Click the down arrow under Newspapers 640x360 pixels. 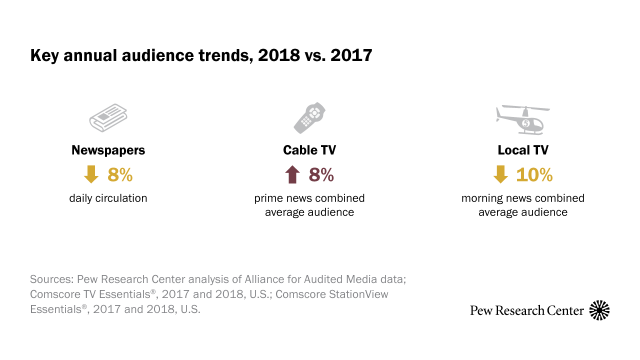[91, 174]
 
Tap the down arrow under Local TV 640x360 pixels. [498, 174]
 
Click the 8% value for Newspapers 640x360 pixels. [122, 174]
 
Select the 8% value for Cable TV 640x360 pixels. [320, 174]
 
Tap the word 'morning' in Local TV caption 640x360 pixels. [482, 198]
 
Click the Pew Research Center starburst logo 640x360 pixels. [600, 310]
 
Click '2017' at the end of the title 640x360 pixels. [351, 55]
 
